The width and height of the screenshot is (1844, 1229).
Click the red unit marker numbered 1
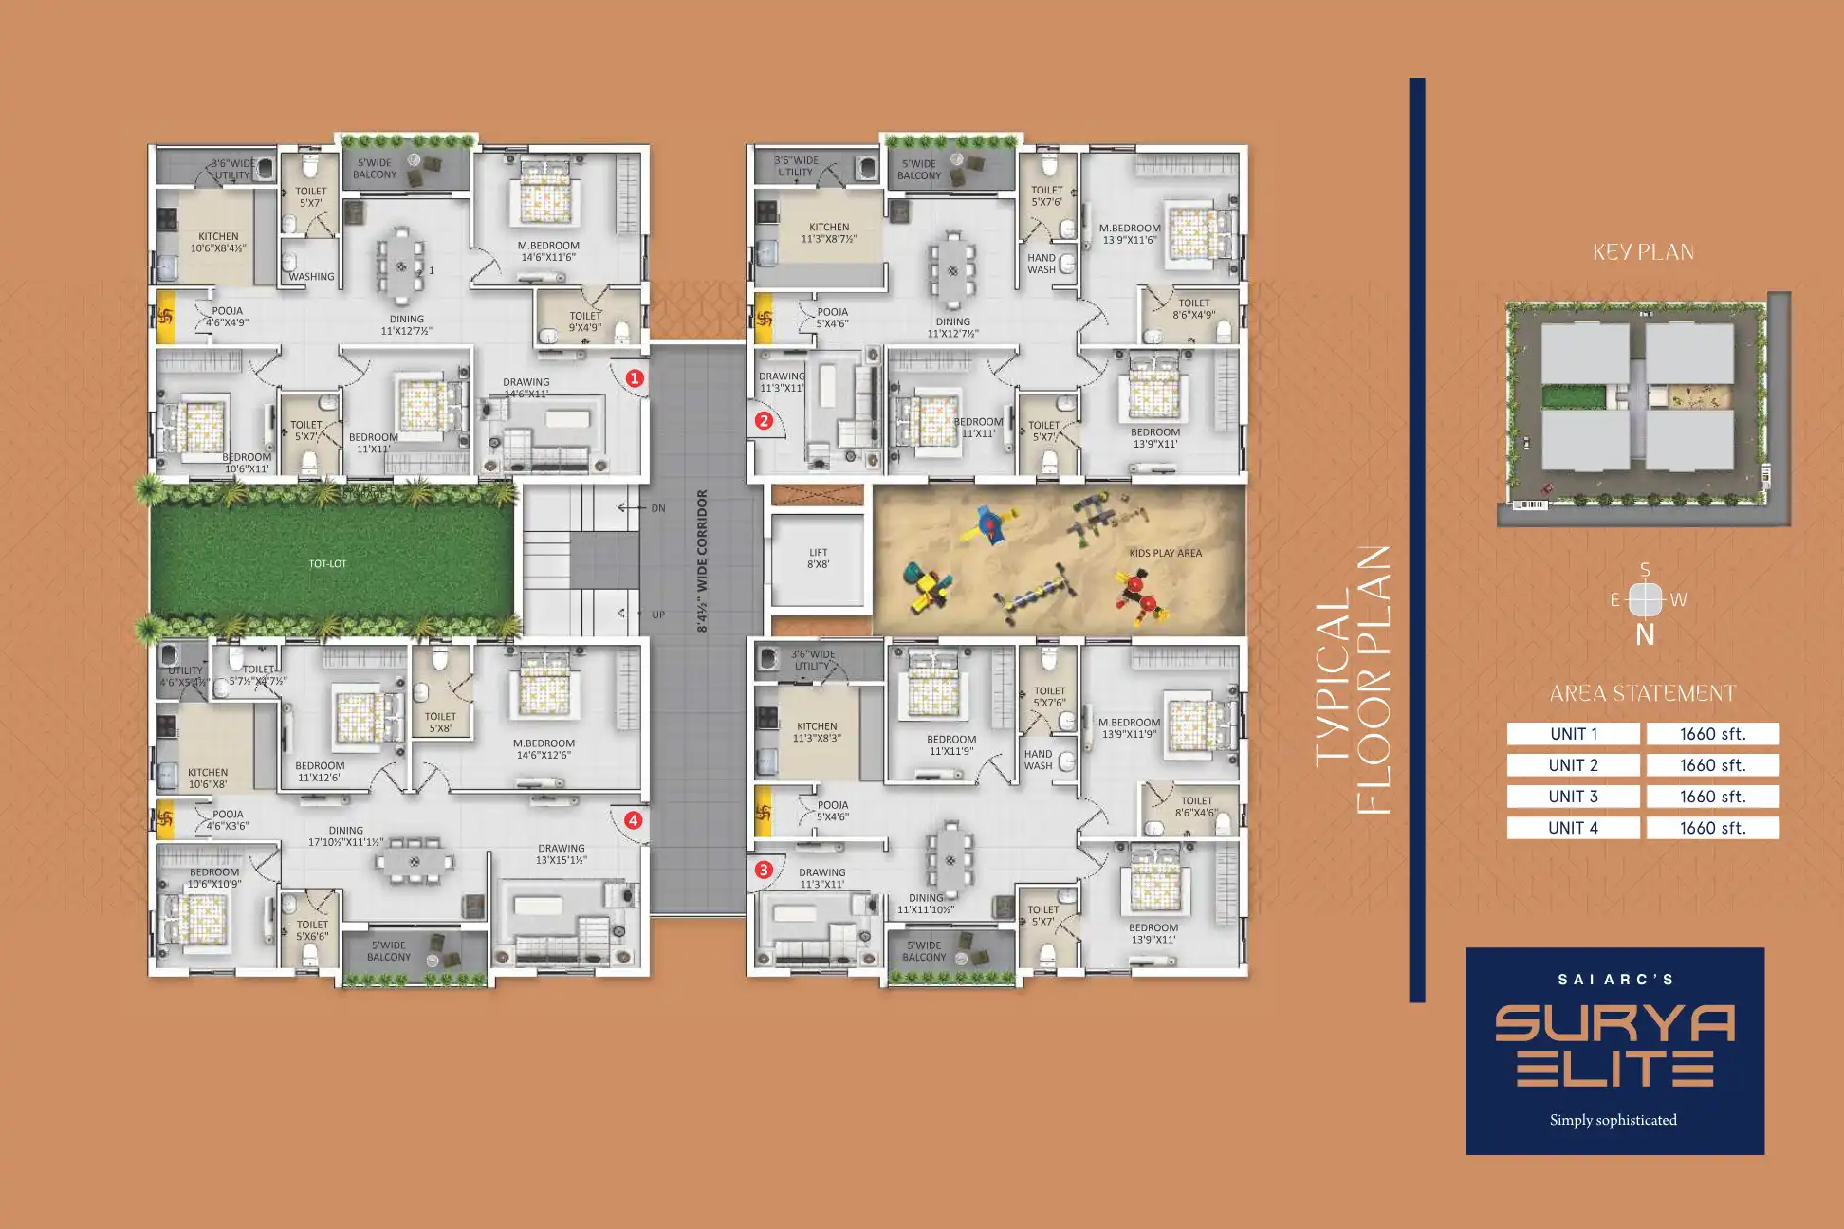[x=635, y=377]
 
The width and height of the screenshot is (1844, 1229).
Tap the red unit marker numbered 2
[x=764, y=420]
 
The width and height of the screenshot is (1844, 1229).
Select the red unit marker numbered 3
[x=764, y=870]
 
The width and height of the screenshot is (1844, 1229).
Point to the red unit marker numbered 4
[x=633, y=820]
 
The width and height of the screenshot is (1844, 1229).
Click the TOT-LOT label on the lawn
[x=327, y=563]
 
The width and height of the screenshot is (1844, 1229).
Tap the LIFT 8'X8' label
[x=818, y=558]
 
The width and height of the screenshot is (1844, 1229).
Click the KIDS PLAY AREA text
[x=1165, y=553]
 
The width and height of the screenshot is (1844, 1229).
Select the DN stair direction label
[x=658, y=508]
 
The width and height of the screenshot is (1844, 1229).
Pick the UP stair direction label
[x=658, y=614]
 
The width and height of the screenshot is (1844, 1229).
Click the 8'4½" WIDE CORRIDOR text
[x=702, y=560]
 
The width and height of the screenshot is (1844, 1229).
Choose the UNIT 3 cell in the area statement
[x=1573, y=797]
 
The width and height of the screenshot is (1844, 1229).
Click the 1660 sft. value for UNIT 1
[x=1712, y=734]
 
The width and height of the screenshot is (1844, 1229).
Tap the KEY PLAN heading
[x=1643, y=252]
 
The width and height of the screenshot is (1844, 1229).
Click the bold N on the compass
[x=1645, y=635]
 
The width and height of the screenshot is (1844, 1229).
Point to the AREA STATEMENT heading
[x=1642, y=693]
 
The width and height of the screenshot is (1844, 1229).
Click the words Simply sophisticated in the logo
[x=1613, y=1120]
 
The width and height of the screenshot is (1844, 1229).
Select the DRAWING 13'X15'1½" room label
[x=562, y=854]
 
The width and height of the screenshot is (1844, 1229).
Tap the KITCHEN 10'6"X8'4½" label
[x=218, y=243]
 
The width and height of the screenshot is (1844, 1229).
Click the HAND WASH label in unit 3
[x=1038, y=760]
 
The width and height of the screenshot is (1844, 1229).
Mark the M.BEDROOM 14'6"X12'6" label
[x=544, y=749]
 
